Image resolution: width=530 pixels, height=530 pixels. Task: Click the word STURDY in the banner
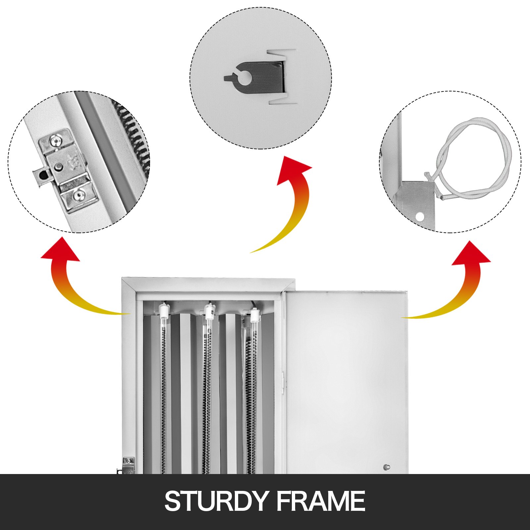(x=215, y=501)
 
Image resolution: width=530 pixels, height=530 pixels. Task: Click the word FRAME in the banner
(x=321, y=501)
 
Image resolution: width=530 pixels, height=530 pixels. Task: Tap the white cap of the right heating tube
(x=254, y=316)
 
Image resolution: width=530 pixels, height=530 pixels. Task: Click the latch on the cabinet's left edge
(x=127, y=466)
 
